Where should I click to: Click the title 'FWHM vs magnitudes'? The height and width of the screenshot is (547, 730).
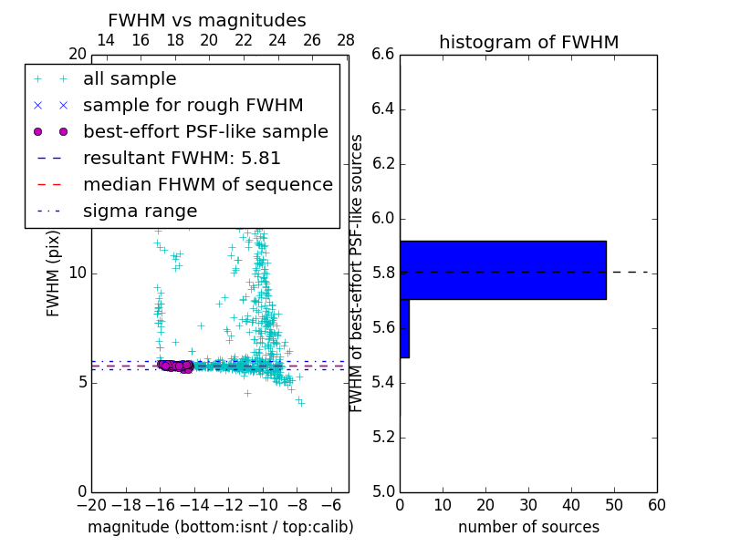point(207,20)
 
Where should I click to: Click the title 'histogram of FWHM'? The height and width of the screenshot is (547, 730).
point(528,42)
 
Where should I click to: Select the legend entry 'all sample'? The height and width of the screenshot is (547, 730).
point(130,79)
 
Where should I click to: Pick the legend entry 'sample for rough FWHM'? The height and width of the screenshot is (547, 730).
point(193,106)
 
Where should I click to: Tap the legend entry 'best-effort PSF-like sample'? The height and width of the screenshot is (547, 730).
point(205,131)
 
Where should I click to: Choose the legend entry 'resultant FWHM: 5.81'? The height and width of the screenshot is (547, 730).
point(182,158)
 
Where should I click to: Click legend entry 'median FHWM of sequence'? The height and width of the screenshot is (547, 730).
point(207,184)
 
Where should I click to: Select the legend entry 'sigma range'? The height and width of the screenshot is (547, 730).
point(140,212)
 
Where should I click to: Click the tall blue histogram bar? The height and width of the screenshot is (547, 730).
point(503,270)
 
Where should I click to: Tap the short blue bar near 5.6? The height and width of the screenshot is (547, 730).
point(404,328)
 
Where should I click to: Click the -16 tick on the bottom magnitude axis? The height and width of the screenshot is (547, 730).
point(161,505)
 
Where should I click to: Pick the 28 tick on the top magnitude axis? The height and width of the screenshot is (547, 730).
point(346,40)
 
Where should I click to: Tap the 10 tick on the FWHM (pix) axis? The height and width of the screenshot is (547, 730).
point(78,273)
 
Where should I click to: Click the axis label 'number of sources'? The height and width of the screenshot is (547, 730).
point(528,527)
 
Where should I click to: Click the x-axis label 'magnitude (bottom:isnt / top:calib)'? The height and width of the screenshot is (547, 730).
point(220,527)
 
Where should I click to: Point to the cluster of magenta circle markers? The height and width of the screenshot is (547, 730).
point(174,366)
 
